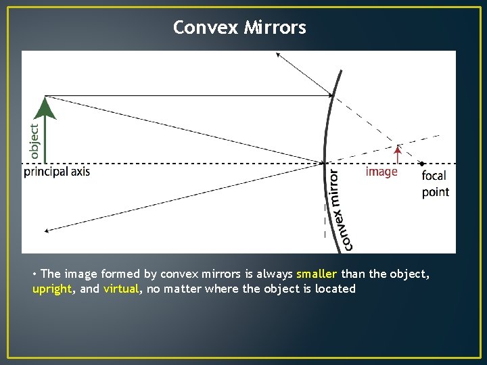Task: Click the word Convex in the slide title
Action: coord(205,28)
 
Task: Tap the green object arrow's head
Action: coord(45,108)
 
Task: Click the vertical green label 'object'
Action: coord(34,141)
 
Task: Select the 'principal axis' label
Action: coord(57,172)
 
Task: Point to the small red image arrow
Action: coord(398,153)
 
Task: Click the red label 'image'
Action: coord(381,172)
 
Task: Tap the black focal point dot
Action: coord(422,164)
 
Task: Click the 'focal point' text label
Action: coord(435,184)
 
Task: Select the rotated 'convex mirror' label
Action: coord(341,210)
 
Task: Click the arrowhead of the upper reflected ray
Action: coord(277,55)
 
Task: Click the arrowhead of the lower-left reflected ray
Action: coord(46,231)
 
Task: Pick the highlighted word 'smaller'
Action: coord(317,274)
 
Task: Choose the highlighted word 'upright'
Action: coord(52,289)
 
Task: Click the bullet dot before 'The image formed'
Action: coord(34,274)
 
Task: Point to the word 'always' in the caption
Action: coord(273,274)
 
